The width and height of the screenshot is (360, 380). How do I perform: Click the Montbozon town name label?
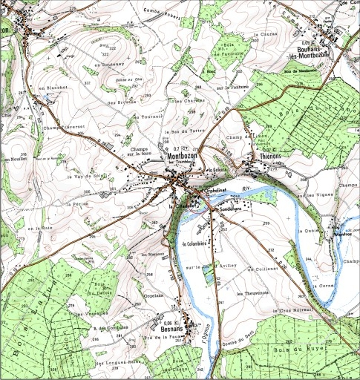pos(182,157)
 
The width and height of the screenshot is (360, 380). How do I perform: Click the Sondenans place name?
pos(225,209)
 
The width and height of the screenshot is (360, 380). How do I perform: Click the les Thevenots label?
pos(250,292)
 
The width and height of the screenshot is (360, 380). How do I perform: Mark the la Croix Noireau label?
pos(292,310)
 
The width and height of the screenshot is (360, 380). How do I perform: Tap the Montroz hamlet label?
pos(342,235)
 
